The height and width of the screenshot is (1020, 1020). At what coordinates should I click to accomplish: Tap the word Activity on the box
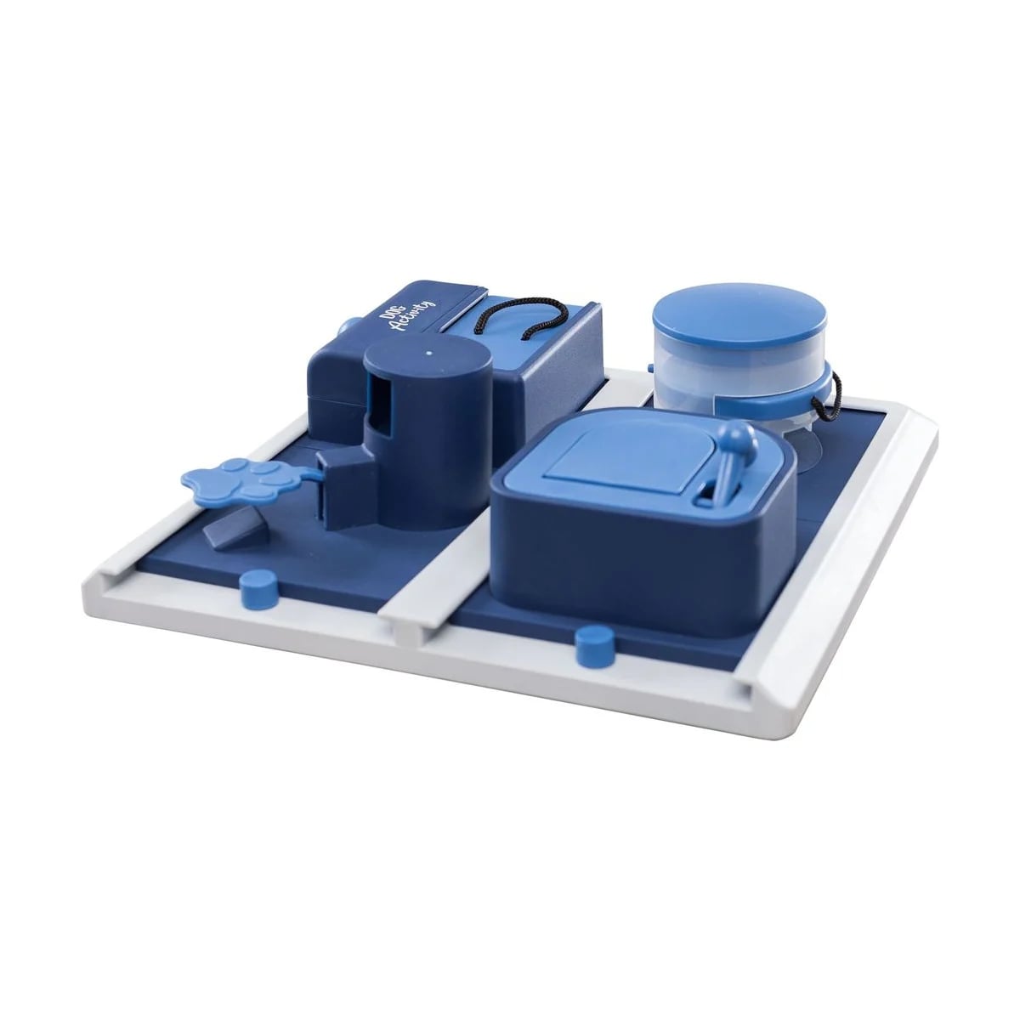point(411,316)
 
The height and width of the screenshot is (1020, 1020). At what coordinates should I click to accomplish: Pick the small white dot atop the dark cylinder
point(428,352)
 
